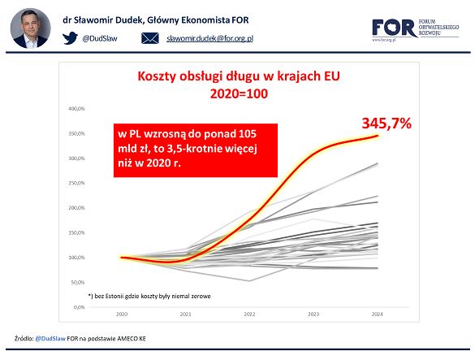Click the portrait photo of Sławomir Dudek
point(30,28)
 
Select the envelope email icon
point(150,38)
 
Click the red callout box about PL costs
point(196,150)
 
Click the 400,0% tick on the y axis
point(78,108)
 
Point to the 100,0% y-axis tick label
point(78,258)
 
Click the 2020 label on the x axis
point(122,314)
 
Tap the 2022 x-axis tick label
point(249,314)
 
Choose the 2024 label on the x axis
point(377,314)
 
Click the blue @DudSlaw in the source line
point(51,337)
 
